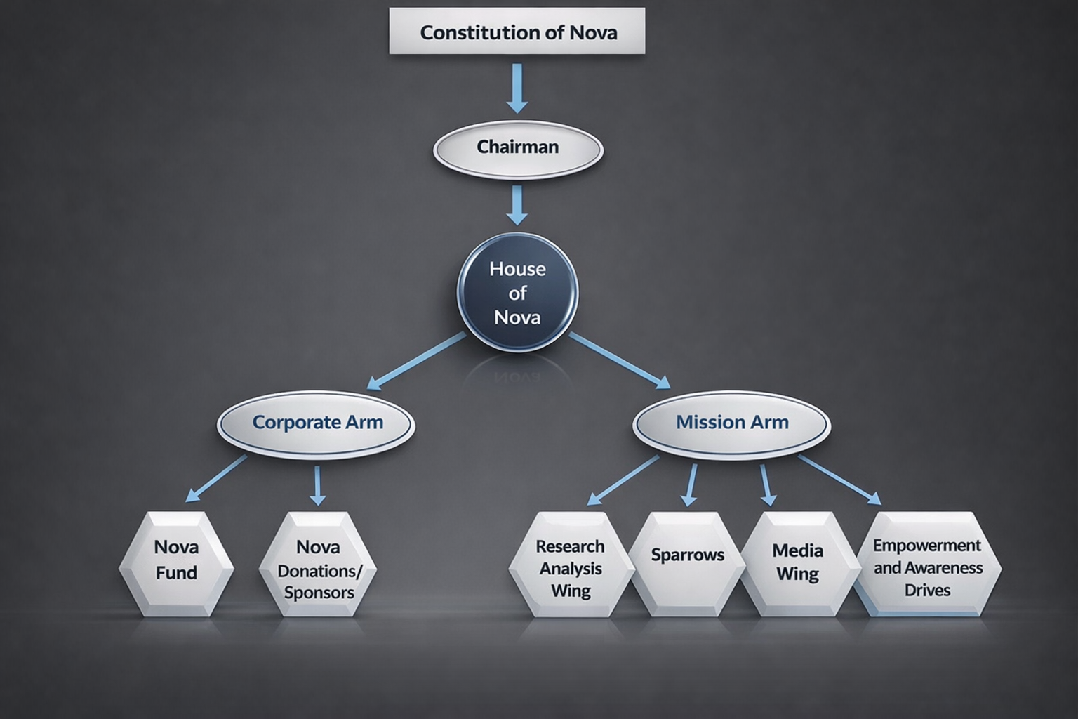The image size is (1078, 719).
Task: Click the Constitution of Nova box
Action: pyautogui.click(x=517, y=32)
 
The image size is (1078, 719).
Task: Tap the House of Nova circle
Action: pyautogui.click(x=518, y=292)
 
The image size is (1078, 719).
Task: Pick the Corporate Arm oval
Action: pyautogui.click(x=317, y=423)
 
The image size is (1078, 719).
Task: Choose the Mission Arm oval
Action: pyautogui.click(x=731, y=423)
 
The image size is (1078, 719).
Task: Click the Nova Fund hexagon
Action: pyautogui.click(x=176, y=563)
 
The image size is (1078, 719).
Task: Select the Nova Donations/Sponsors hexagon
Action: pyautogui.click(x=318, y=565)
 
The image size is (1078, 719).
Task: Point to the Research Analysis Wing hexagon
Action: pyautogui.click(x=570, y=565)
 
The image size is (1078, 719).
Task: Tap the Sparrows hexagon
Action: pyautogui.click(x=687, y=562)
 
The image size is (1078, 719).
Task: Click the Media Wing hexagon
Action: pyautogui.click(x=798, y=563)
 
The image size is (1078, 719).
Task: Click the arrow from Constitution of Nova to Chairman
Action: pyautogui.click(x=517, y=87)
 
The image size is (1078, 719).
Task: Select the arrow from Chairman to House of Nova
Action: pyautogui.click(x=517, y=204)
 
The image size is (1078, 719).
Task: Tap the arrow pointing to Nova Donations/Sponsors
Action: pyautogui.click(x=318, y=484)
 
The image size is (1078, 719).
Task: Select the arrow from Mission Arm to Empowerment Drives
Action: pyautogui.click(x=839, y=480)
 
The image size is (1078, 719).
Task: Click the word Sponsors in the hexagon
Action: pyautogui.click(x=319, y=592)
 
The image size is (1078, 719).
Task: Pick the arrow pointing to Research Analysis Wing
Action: pyautogui.click(x=623, y=480)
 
